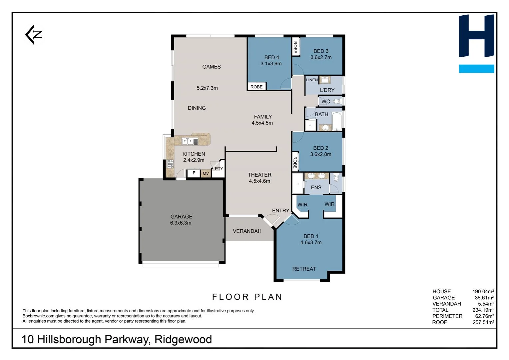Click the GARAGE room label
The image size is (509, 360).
click(181, 217)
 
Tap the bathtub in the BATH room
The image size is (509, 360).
click(337, 121)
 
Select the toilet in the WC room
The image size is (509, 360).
click(337, 101)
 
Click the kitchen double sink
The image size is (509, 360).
click(188, 141)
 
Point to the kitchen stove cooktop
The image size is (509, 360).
click(170, 163)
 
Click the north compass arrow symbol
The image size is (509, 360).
click(34, 35)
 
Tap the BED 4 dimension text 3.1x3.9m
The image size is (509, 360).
click(271, 64)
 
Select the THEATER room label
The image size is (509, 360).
click(259, 175)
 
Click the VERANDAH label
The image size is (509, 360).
click(247, 231)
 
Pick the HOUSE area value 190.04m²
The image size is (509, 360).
click(483, 291)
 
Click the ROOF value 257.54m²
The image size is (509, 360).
click(483, 322)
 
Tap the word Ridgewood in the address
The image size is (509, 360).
click(183, 339)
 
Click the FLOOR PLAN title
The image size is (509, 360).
click(247, 297)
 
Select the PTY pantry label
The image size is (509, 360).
click(219, 169)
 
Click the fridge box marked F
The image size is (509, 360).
click(194, 173)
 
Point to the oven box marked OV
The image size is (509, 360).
click(206, 173)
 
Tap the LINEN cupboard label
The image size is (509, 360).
click(312, 80)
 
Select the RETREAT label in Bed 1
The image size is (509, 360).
click(304, 269)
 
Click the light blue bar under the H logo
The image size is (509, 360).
click(476, 69)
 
